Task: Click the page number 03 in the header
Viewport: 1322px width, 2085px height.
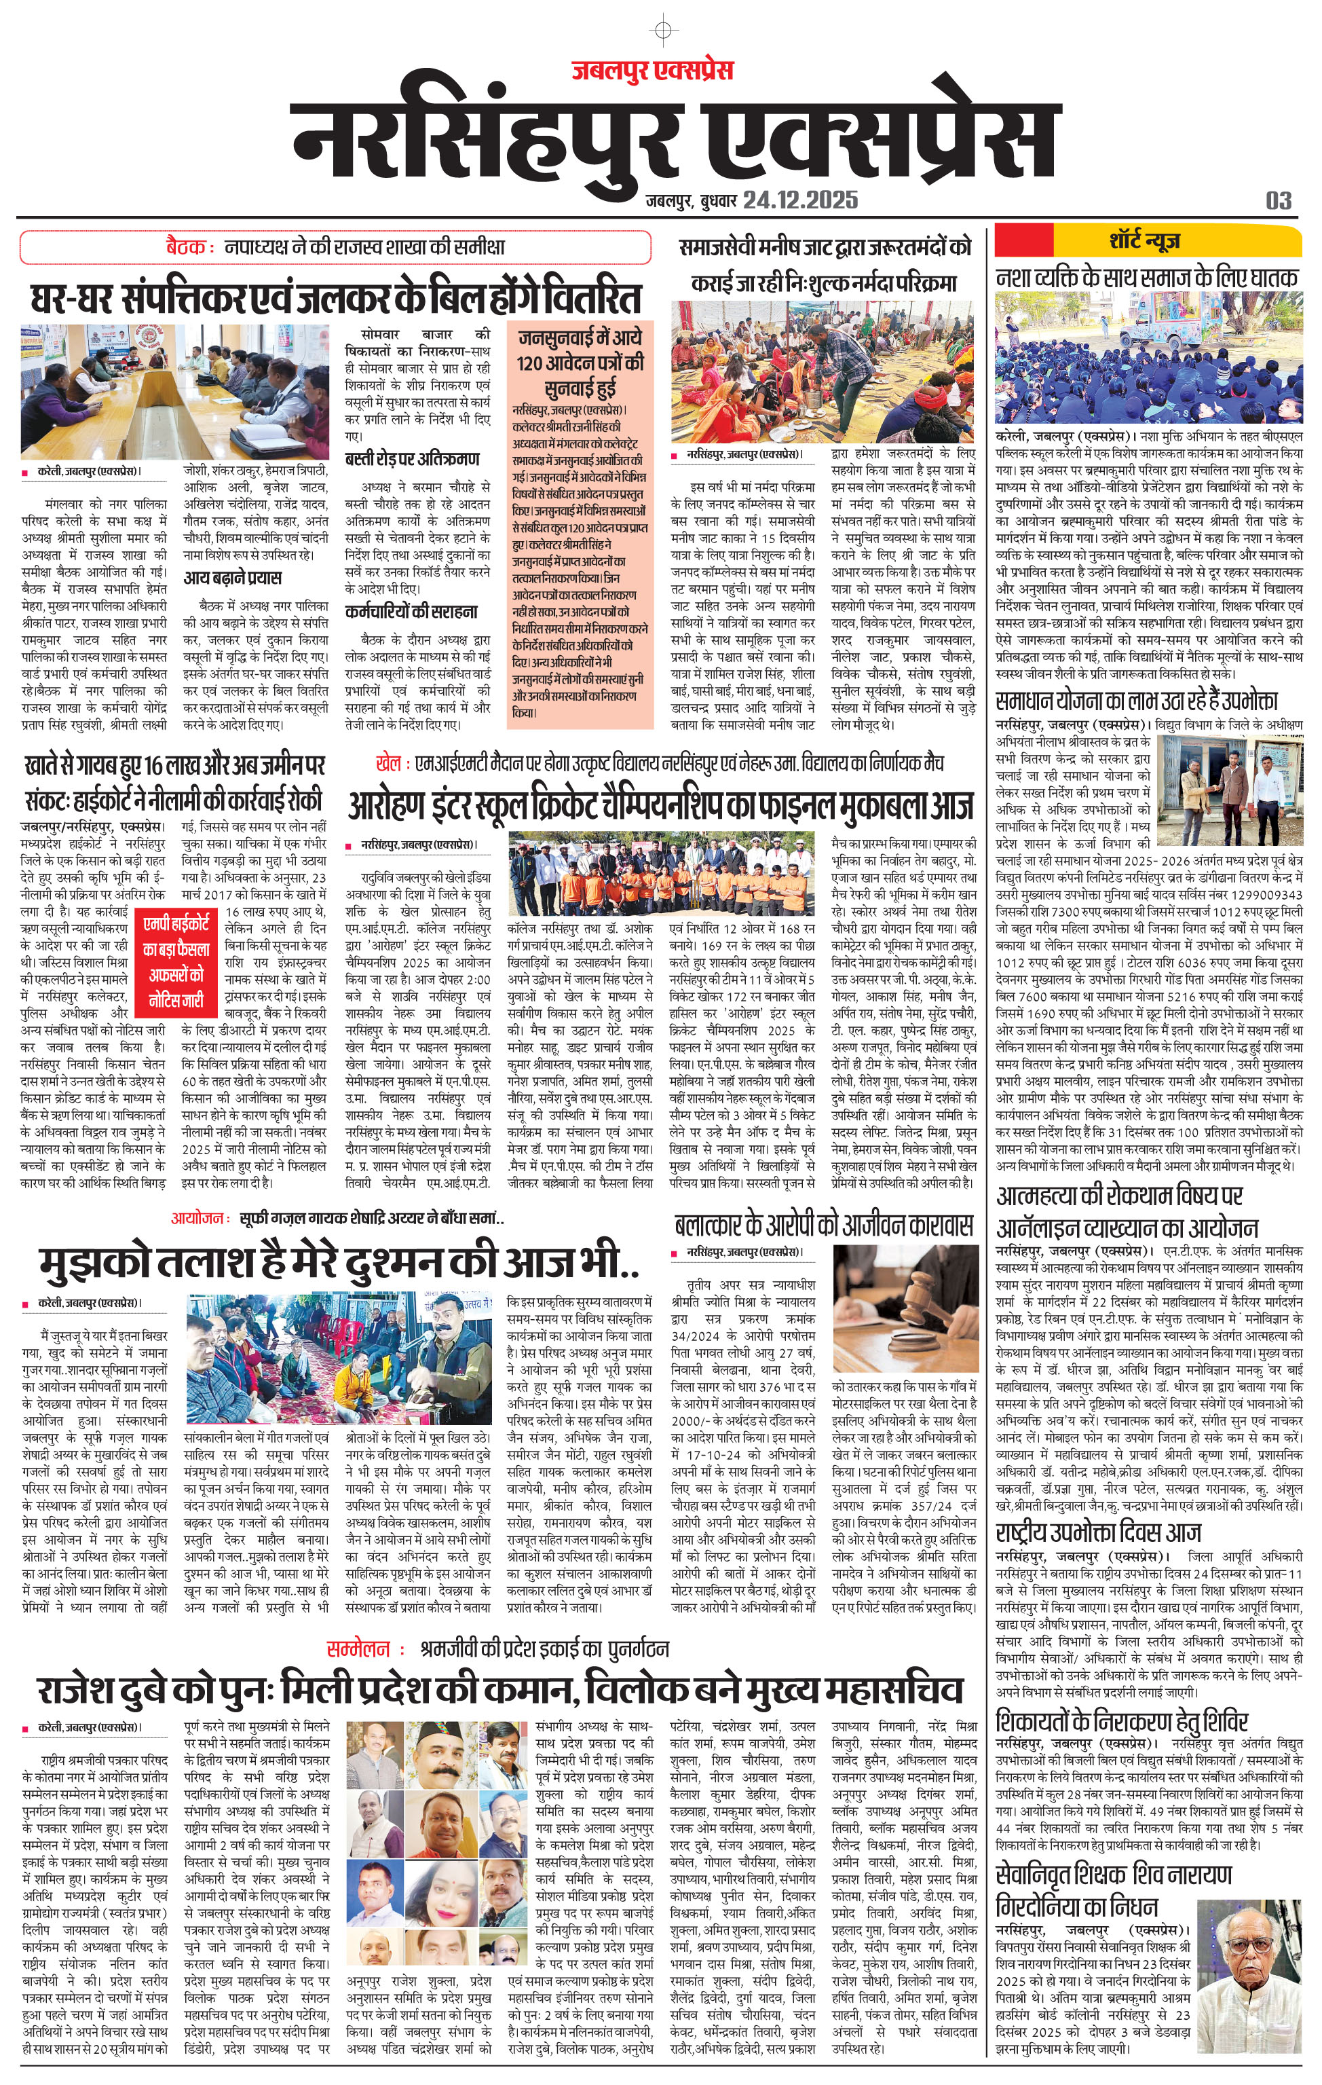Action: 1278,201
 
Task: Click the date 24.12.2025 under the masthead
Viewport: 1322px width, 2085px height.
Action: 800,201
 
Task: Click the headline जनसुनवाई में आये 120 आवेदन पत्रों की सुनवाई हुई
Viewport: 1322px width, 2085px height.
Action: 580,362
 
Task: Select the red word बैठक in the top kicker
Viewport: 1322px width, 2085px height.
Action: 185,246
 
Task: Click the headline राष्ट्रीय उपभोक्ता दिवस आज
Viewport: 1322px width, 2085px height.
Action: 1098,1532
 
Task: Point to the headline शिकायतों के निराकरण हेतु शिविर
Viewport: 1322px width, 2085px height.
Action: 1122,1719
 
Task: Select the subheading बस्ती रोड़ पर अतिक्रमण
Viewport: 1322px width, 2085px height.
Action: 412,458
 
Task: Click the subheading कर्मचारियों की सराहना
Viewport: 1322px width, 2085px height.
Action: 411,611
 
